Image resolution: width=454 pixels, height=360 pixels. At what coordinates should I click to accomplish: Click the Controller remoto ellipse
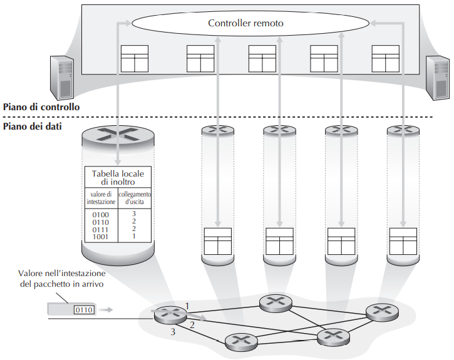click(x=245, y=24)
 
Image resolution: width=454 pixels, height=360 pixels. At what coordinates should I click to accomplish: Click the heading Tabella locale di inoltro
click(x=118, y=177)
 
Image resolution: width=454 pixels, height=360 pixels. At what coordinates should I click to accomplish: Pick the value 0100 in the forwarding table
click(x=100, y=215)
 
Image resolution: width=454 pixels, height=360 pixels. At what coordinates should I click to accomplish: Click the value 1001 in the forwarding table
click(x=100, y=237)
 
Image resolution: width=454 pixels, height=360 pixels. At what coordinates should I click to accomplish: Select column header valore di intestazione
click(x=100, y=198)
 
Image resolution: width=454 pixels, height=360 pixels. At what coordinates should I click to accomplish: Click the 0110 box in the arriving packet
click(x=83, y=309)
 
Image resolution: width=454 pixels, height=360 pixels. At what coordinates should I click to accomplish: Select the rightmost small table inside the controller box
click(x=384, y=59)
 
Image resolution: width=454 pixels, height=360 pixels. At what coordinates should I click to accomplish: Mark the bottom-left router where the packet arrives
click(x=168, y=314)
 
